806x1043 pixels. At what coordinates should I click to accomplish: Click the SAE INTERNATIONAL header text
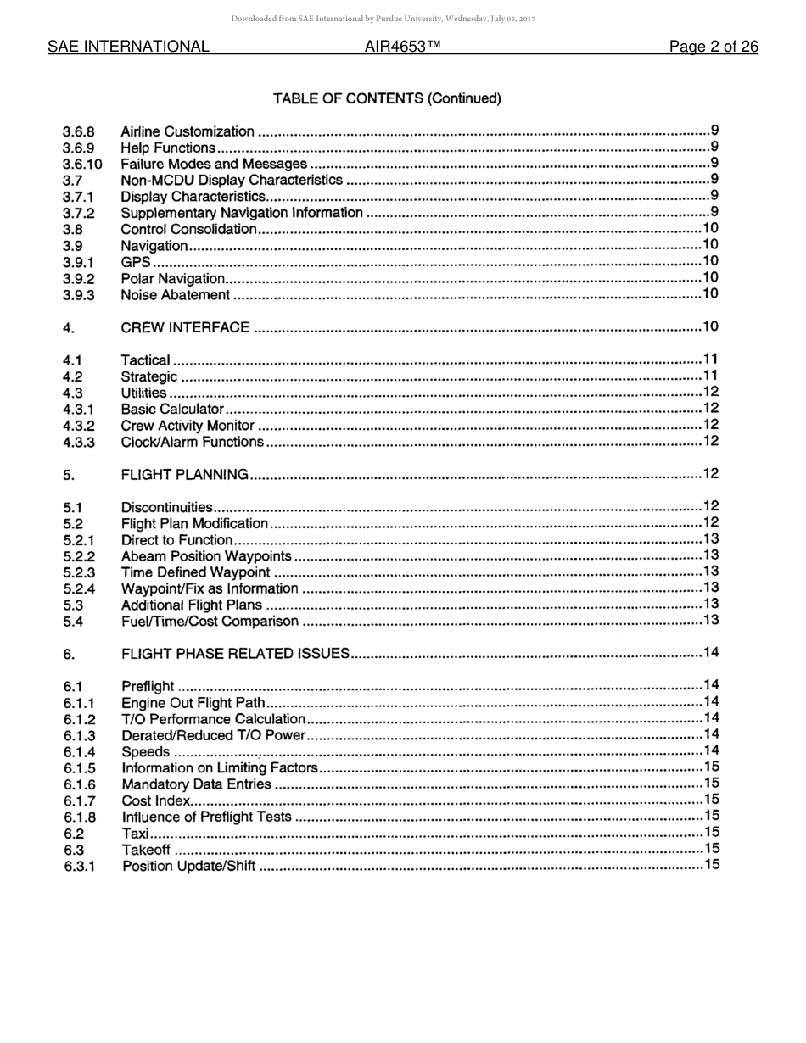point(128,47)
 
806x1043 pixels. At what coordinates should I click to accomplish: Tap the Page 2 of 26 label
point(713,47)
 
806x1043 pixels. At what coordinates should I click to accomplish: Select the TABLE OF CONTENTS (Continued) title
point(387,98)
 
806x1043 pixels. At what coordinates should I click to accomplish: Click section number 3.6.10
point(82,164)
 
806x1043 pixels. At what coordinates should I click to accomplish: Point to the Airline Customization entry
point(188,131)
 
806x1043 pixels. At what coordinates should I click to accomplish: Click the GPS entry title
point(136,262)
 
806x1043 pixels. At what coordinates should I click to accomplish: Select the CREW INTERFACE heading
point(185,327)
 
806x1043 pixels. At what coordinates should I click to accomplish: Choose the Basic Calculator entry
point(172,410)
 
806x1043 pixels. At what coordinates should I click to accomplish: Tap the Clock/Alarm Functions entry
point(193,442)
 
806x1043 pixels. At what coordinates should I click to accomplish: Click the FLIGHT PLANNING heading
point(185,474)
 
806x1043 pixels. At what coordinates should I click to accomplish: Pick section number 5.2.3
point(79,572)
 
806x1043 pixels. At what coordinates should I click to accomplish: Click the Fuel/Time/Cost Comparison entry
point(210,622)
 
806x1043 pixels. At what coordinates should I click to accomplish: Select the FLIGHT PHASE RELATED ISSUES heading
point(236,653)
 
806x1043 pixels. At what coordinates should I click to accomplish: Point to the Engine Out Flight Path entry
point(193,702)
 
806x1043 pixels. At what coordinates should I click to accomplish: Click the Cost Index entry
point(156,800)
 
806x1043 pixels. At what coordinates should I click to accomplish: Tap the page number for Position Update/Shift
point(711,865)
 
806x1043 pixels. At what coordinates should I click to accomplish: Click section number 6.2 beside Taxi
point(74,834)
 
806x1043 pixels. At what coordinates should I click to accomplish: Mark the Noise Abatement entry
point(176,295)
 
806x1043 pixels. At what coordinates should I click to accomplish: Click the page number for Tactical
point(711,360)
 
